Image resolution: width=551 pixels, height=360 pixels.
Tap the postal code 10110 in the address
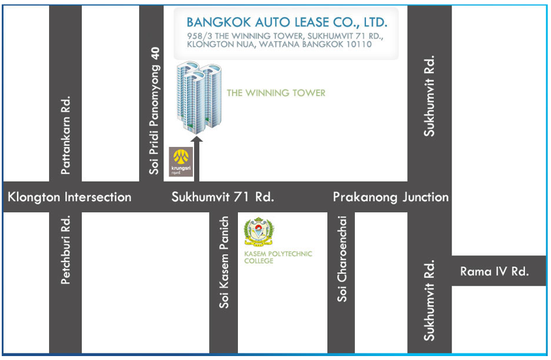click(356, 45)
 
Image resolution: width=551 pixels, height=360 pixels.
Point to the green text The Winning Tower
click(276, 93)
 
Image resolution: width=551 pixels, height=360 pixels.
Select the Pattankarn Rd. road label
click(65, 136)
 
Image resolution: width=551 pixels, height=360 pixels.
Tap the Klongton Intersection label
click(69, 197)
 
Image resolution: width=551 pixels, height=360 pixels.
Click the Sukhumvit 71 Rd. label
click(222, 197)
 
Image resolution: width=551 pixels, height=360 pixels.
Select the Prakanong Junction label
click(391, 197)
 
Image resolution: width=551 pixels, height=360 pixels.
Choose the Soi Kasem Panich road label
click(225, 262)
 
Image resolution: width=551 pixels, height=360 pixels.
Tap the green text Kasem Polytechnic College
click(278, 257)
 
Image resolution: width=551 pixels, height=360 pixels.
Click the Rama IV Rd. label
click(494, 271)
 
